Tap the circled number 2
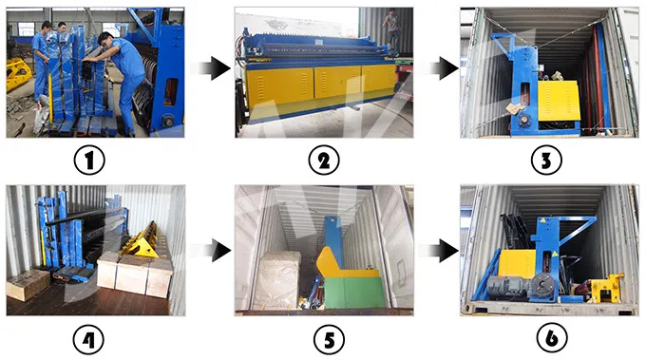point(323,161)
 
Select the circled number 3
point(545,161)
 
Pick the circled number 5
point(323,336)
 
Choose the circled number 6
point(545,336)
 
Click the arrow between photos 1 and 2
point(208,69)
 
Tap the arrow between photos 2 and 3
point(439,69)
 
